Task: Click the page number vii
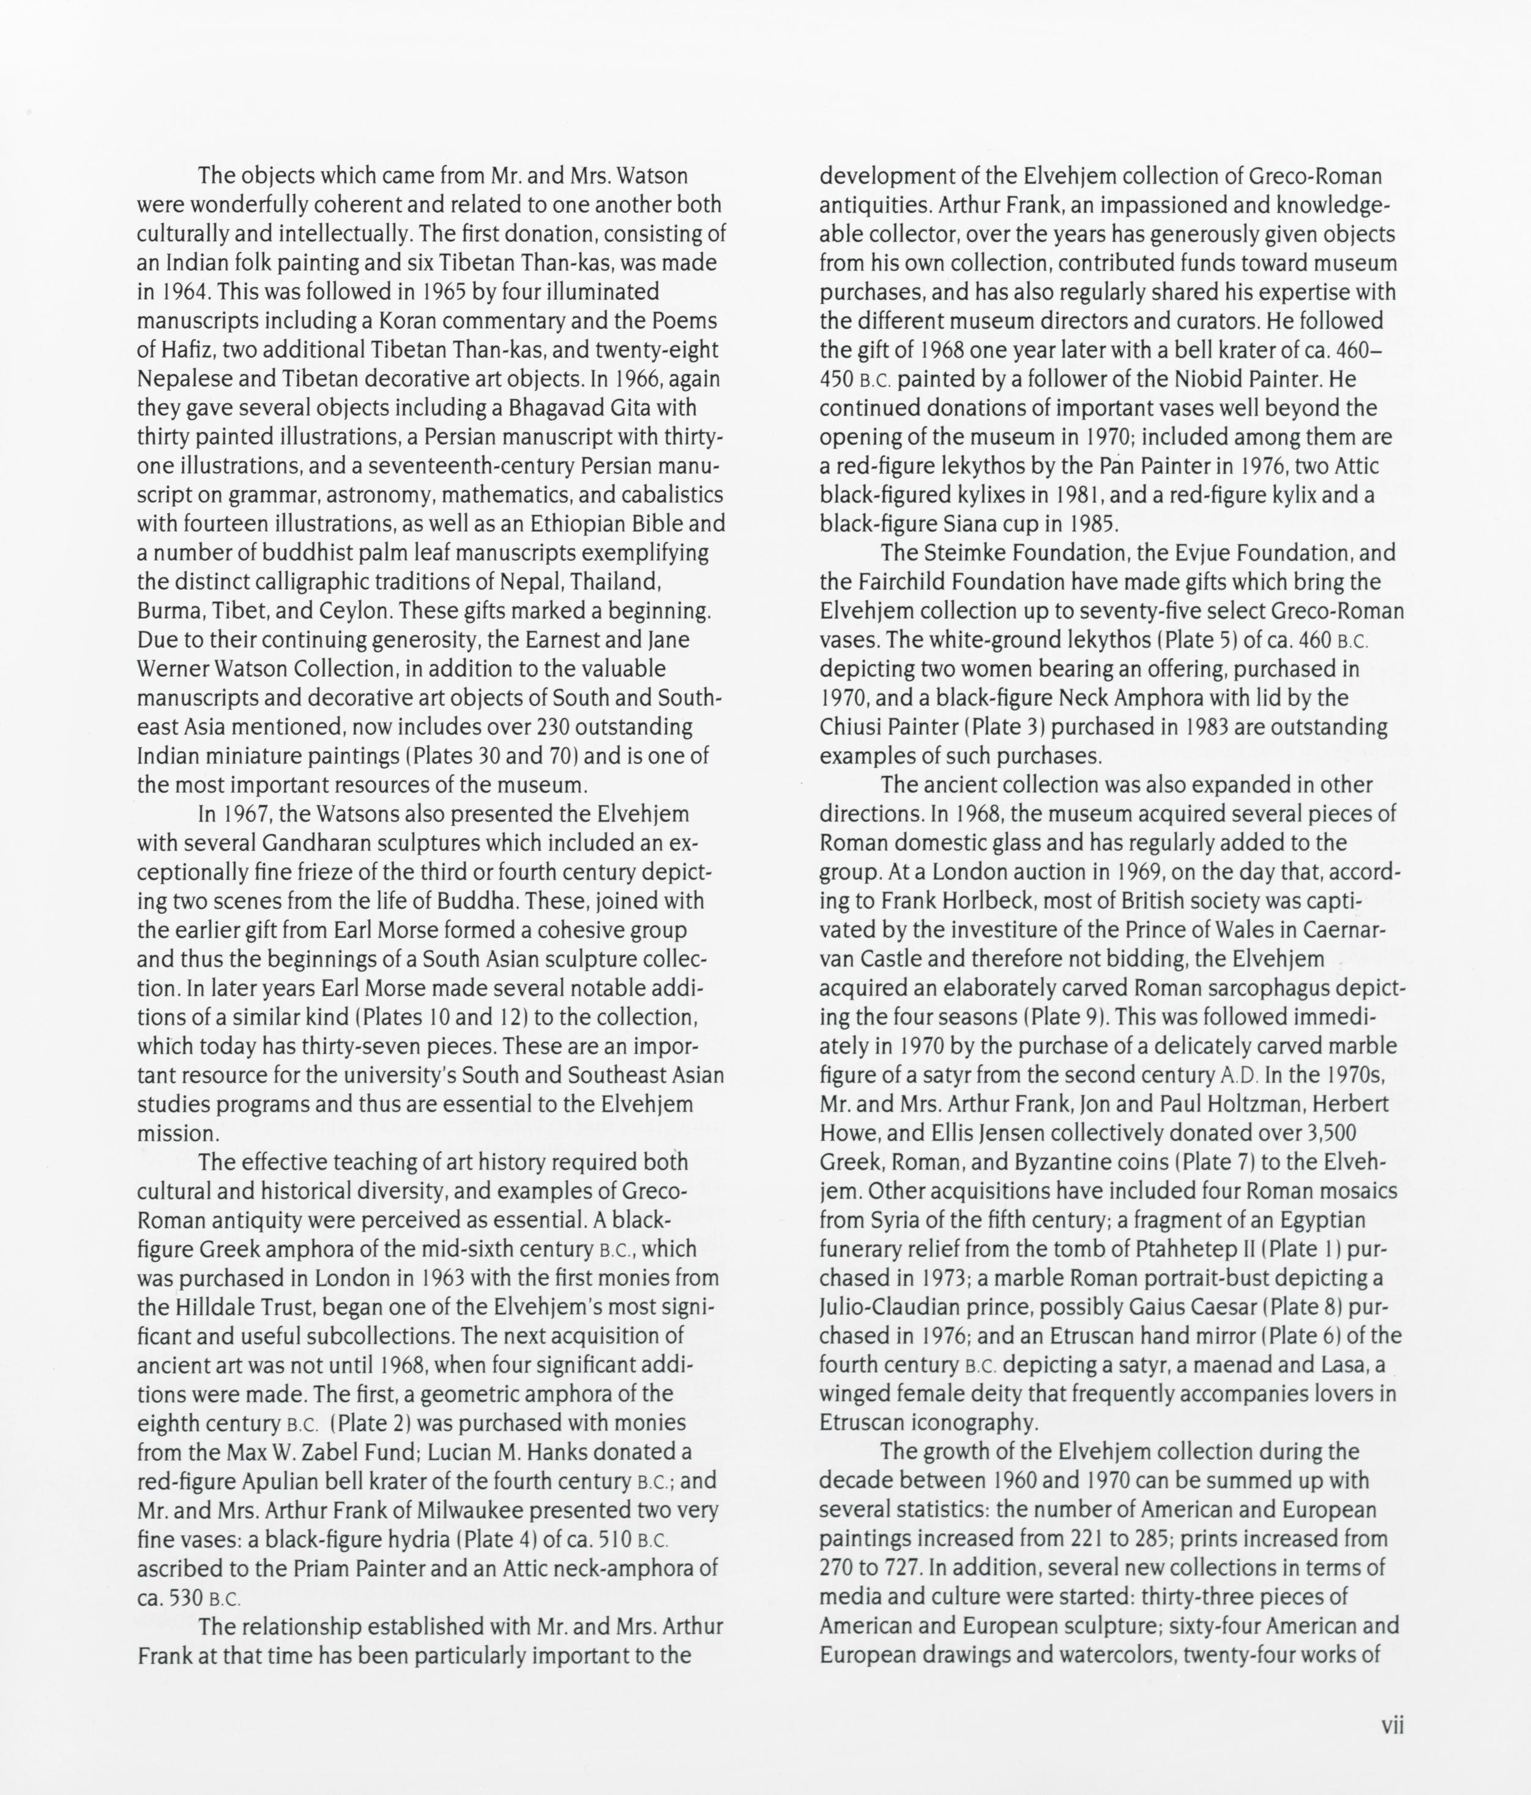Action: pyautogui.click(x=1391, y=1724)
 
